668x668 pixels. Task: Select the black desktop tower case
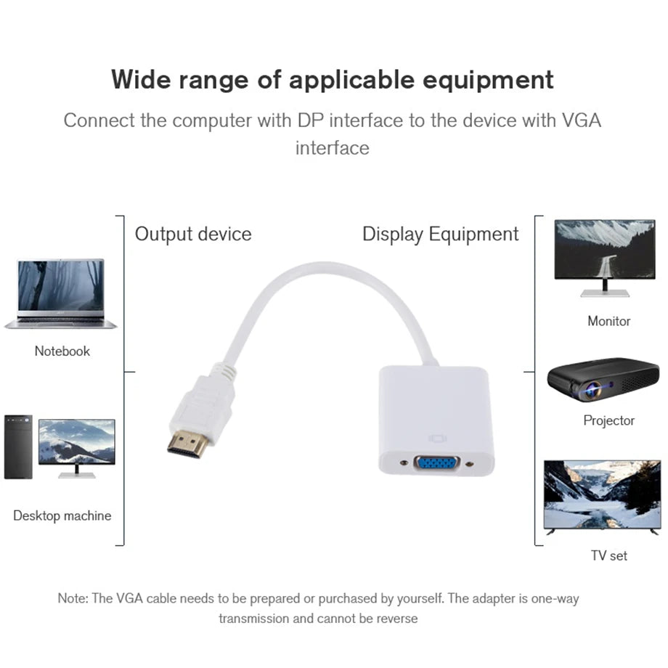pos(18,447)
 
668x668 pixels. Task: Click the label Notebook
pos(62,351)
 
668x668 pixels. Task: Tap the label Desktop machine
pos(62,516)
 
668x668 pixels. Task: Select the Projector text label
pos(608,420)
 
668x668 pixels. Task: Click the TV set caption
pos(608,555)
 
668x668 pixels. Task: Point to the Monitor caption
pos(608,321)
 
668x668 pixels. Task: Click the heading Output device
pos(193,234)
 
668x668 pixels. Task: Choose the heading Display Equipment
pos(440,234)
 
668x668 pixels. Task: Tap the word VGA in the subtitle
pos(582,120)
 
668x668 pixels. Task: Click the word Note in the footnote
pos(72,599)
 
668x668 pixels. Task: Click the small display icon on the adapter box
pos(436,439)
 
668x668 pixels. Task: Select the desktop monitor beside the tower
pos(76,444)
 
